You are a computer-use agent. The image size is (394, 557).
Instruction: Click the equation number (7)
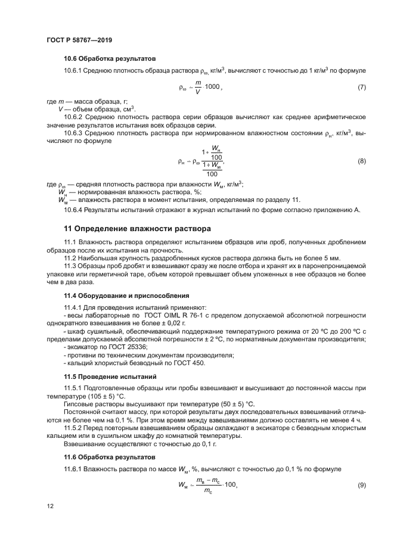[x=361, y=88]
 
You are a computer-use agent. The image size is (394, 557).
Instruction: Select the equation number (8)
[x=361, y=161]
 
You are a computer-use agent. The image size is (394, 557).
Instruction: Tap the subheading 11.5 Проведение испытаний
[x=110, y=376]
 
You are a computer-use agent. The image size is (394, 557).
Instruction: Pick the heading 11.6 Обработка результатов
[x=109, y=458]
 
